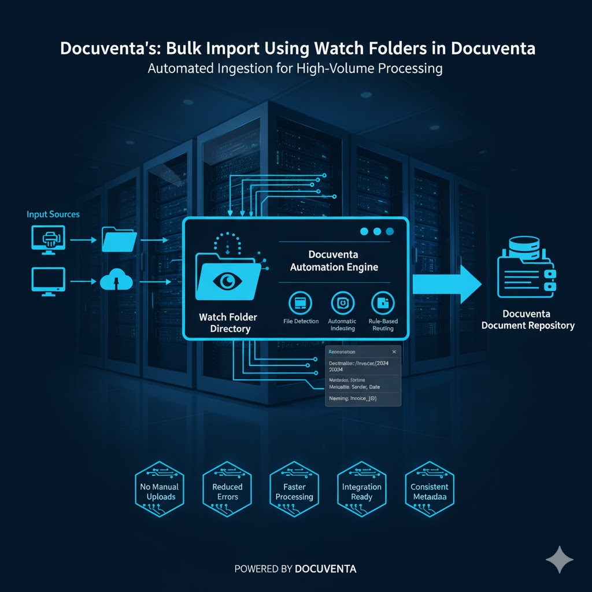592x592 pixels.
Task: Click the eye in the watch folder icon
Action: (x=226, y=281)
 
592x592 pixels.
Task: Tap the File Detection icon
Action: (x=300, y=302)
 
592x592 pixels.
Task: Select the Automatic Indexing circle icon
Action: (x=342, y=302)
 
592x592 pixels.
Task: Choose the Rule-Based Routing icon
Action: (x=382, y=302)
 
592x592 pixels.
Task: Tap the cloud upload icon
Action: (x=117, y=282)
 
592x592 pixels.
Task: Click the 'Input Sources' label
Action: (x=53, y=214)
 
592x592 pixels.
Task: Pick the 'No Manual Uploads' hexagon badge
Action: (x=160, y=491)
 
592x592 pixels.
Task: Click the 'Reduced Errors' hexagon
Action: (x=227, y=491)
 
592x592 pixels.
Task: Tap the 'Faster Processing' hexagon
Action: (x=294, y=491)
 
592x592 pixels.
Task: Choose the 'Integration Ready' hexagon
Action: (x=361, y=491)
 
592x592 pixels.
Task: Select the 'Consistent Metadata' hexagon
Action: (x=430, y=491)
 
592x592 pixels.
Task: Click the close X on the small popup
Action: (x=394, y=351)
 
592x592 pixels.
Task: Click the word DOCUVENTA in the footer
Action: (x=325, y=569)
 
